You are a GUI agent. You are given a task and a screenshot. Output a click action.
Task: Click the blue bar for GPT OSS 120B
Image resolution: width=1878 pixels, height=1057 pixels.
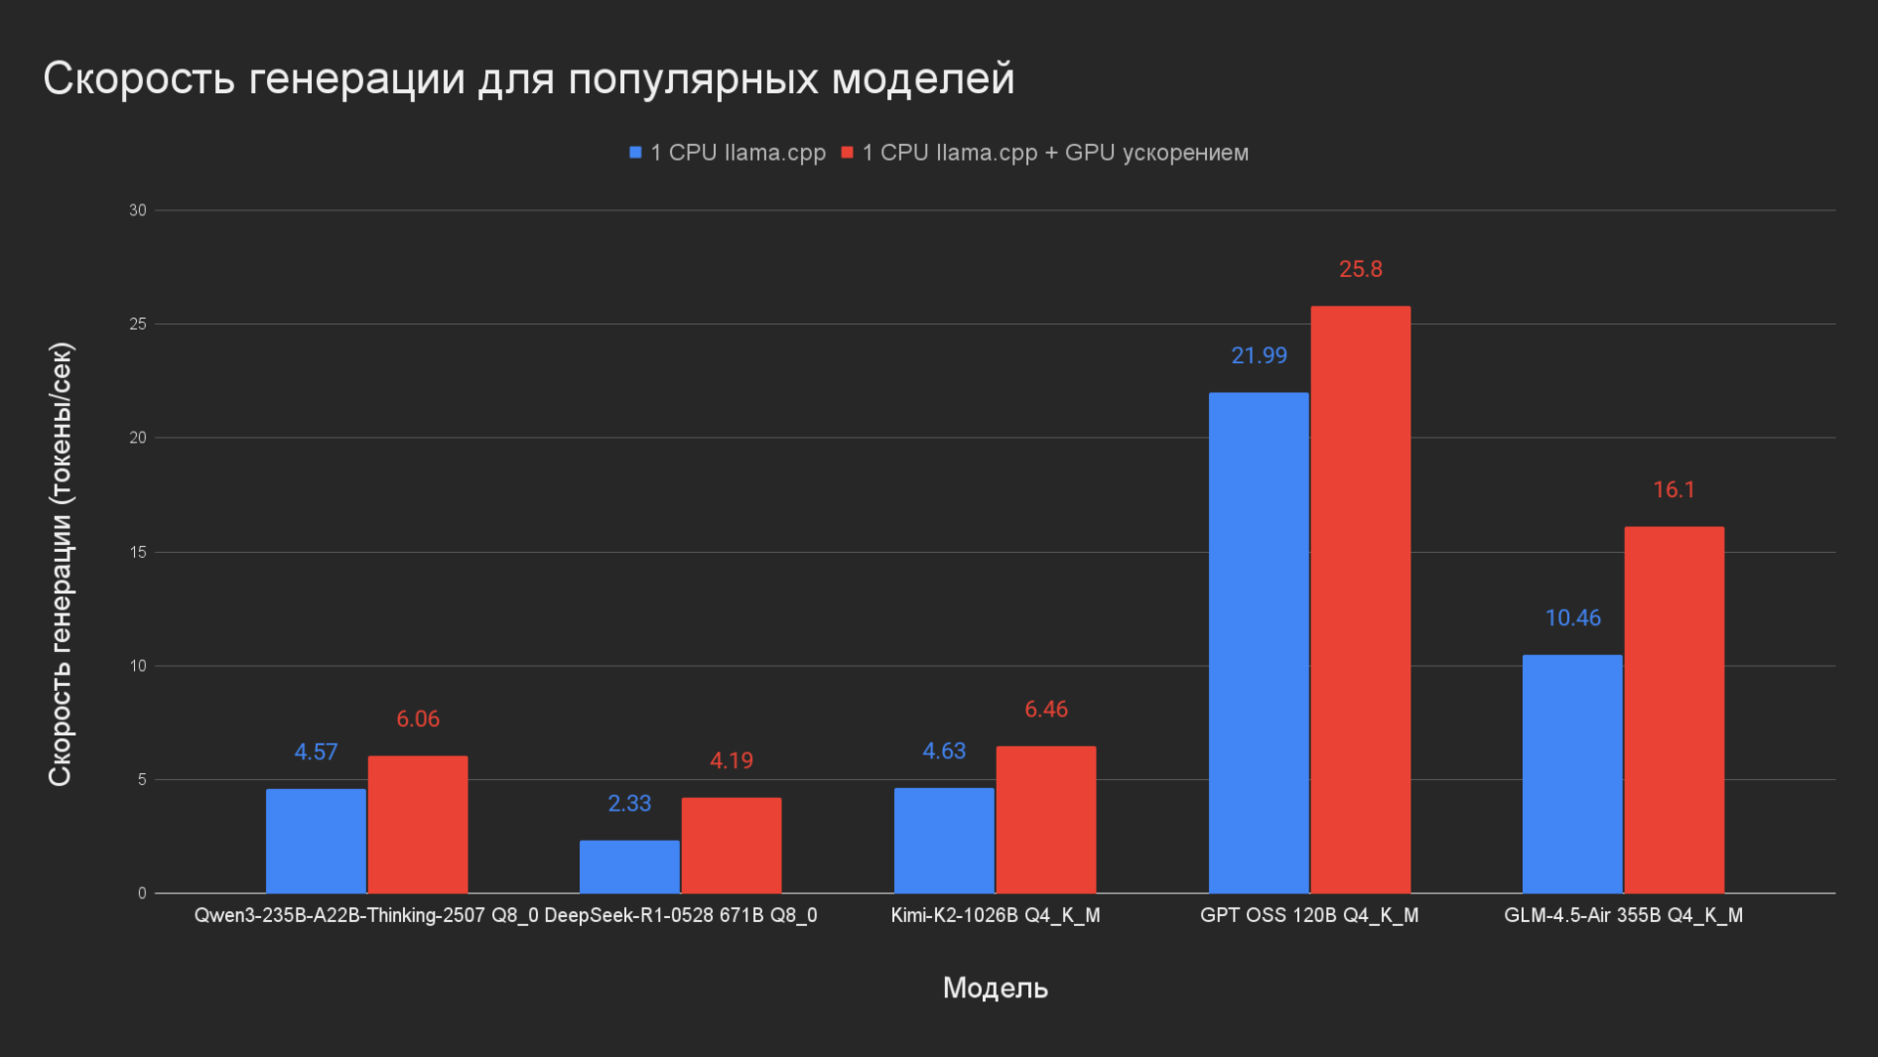point(1258,642)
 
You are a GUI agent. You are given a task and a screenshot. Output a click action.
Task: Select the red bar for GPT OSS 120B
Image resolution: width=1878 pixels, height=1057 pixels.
point(1361,599)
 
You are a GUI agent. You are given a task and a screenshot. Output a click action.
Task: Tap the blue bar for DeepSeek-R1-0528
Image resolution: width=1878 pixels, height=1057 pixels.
point(629,866)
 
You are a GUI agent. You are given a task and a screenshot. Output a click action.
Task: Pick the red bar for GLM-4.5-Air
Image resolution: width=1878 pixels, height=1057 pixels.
point(1674,710)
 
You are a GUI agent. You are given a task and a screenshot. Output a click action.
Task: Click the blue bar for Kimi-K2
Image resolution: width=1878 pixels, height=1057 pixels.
point(944,840)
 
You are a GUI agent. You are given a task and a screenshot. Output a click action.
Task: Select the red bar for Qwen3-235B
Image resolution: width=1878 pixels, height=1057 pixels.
point(418,824)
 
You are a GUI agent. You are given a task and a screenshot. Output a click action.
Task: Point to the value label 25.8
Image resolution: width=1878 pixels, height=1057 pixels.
point(1361,269)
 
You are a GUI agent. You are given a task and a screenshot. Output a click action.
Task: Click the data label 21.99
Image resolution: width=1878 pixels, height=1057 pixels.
point(1259,355)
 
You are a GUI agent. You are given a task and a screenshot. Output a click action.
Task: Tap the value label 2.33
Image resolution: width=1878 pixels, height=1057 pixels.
point(629,804)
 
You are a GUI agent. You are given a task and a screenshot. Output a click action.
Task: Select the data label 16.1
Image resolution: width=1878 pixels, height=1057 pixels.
point(1674,489)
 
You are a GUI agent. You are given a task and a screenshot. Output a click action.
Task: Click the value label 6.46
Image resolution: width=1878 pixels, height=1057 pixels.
point(1046,710)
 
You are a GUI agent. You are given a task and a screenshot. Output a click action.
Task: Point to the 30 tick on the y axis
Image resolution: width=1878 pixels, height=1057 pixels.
point(138,210)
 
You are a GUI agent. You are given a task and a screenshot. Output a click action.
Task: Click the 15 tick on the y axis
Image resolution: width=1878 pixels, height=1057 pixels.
point(138,552)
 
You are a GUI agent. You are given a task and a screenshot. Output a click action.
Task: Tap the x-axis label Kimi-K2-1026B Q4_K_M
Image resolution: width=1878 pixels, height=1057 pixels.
point(995,915)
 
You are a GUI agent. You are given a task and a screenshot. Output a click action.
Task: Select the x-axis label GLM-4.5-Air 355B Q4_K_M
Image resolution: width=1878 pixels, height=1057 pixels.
point(1623,915)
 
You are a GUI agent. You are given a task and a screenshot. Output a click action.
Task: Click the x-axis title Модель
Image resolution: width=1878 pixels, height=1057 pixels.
point(995,988)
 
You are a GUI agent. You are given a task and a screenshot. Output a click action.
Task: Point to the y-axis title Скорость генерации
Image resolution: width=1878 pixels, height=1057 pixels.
point(61,564)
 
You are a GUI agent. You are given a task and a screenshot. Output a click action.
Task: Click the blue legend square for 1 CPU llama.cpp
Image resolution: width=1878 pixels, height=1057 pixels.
point(635,153)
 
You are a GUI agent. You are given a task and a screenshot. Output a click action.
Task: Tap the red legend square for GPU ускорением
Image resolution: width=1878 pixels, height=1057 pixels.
point(847,153)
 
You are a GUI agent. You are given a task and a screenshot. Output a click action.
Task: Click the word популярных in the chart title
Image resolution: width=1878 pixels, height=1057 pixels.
point(693,78)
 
